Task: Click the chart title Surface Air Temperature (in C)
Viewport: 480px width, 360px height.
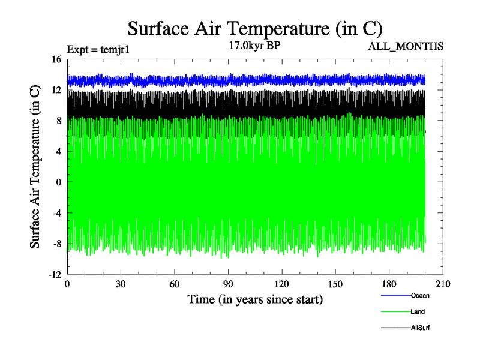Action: [255, 28]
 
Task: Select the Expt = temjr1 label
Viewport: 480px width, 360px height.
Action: [98, 50]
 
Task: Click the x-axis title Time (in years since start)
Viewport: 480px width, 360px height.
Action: [255, 299]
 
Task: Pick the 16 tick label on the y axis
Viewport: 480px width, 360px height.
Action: [56, 59]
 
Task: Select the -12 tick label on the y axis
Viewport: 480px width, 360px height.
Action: [55, 274]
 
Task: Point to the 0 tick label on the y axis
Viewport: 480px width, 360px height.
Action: [59, 182]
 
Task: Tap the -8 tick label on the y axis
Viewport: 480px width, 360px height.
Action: [56, 244]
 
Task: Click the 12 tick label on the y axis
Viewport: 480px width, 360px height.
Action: [56, 90]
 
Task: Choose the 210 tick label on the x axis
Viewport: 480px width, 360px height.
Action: [443, 284]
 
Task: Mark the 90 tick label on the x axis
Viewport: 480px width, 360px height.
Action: [228, 284]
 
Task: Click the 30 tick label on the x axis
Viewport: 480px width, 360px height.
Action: [121, 284]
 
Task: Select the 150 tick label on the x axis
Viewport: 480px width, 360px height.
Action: [335, 284]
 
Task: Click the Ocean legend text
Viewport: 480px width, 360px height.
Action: [420, 295]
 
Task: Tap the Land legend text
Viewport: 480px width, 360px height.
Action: [418, 311]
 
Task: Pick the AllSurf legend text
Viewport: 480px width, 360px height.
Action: [421, 328]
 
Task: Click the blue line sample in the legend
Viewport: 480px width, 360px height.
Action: [395, 295]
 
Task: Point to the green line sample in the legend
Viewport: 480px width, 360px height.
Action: [395, 311]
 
